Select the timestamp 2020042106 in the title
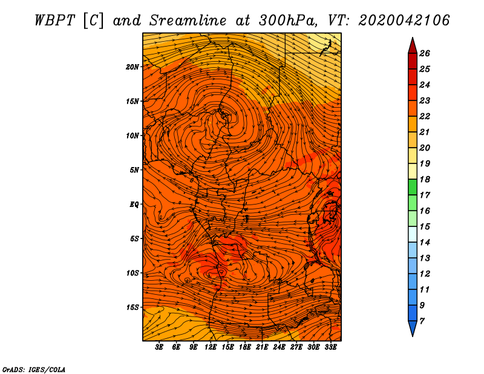(404, 20)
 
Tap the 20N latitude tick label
(132, 67)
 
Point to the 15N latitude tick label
(132, 101)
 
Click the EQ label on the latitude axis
(134, 204)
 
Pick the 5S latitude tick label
(134, 238)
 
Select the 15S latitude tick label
(132, 307)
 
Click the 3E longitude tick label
(160, 347)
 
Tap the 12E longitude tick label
(211, 347)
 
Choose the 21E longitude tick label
(262, 347)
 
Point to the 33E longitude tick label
(330, 347)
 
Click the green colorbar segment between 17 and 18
(412, 187)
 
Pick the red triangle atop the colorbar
(412, 45)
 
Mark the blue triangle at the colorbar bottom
(412, 328)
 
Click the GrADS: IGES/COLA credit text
(34, 369)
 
